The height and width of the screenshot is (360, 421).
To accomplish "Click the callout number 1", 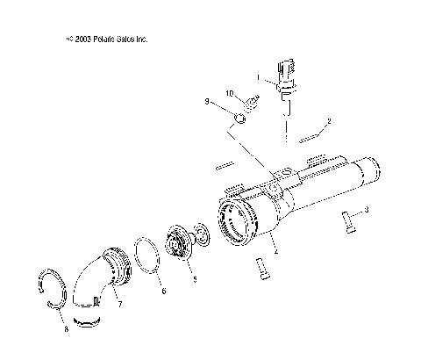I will pyautogui.click(x=258, y=77).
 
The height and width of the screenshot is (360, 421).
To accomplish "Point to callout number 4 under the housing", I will pyautogui.click(x=275, y=252).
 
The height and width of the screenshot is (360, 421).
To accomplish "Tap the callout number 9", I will pyautogui.click(x=208, y=103).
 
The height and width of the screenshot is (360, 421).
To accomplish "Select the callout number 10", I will pyautogui.click(x=228, y=93).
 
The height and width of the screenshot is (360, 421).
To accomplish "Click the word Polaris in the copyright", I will pyautogui.click(x=101, y=39).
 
